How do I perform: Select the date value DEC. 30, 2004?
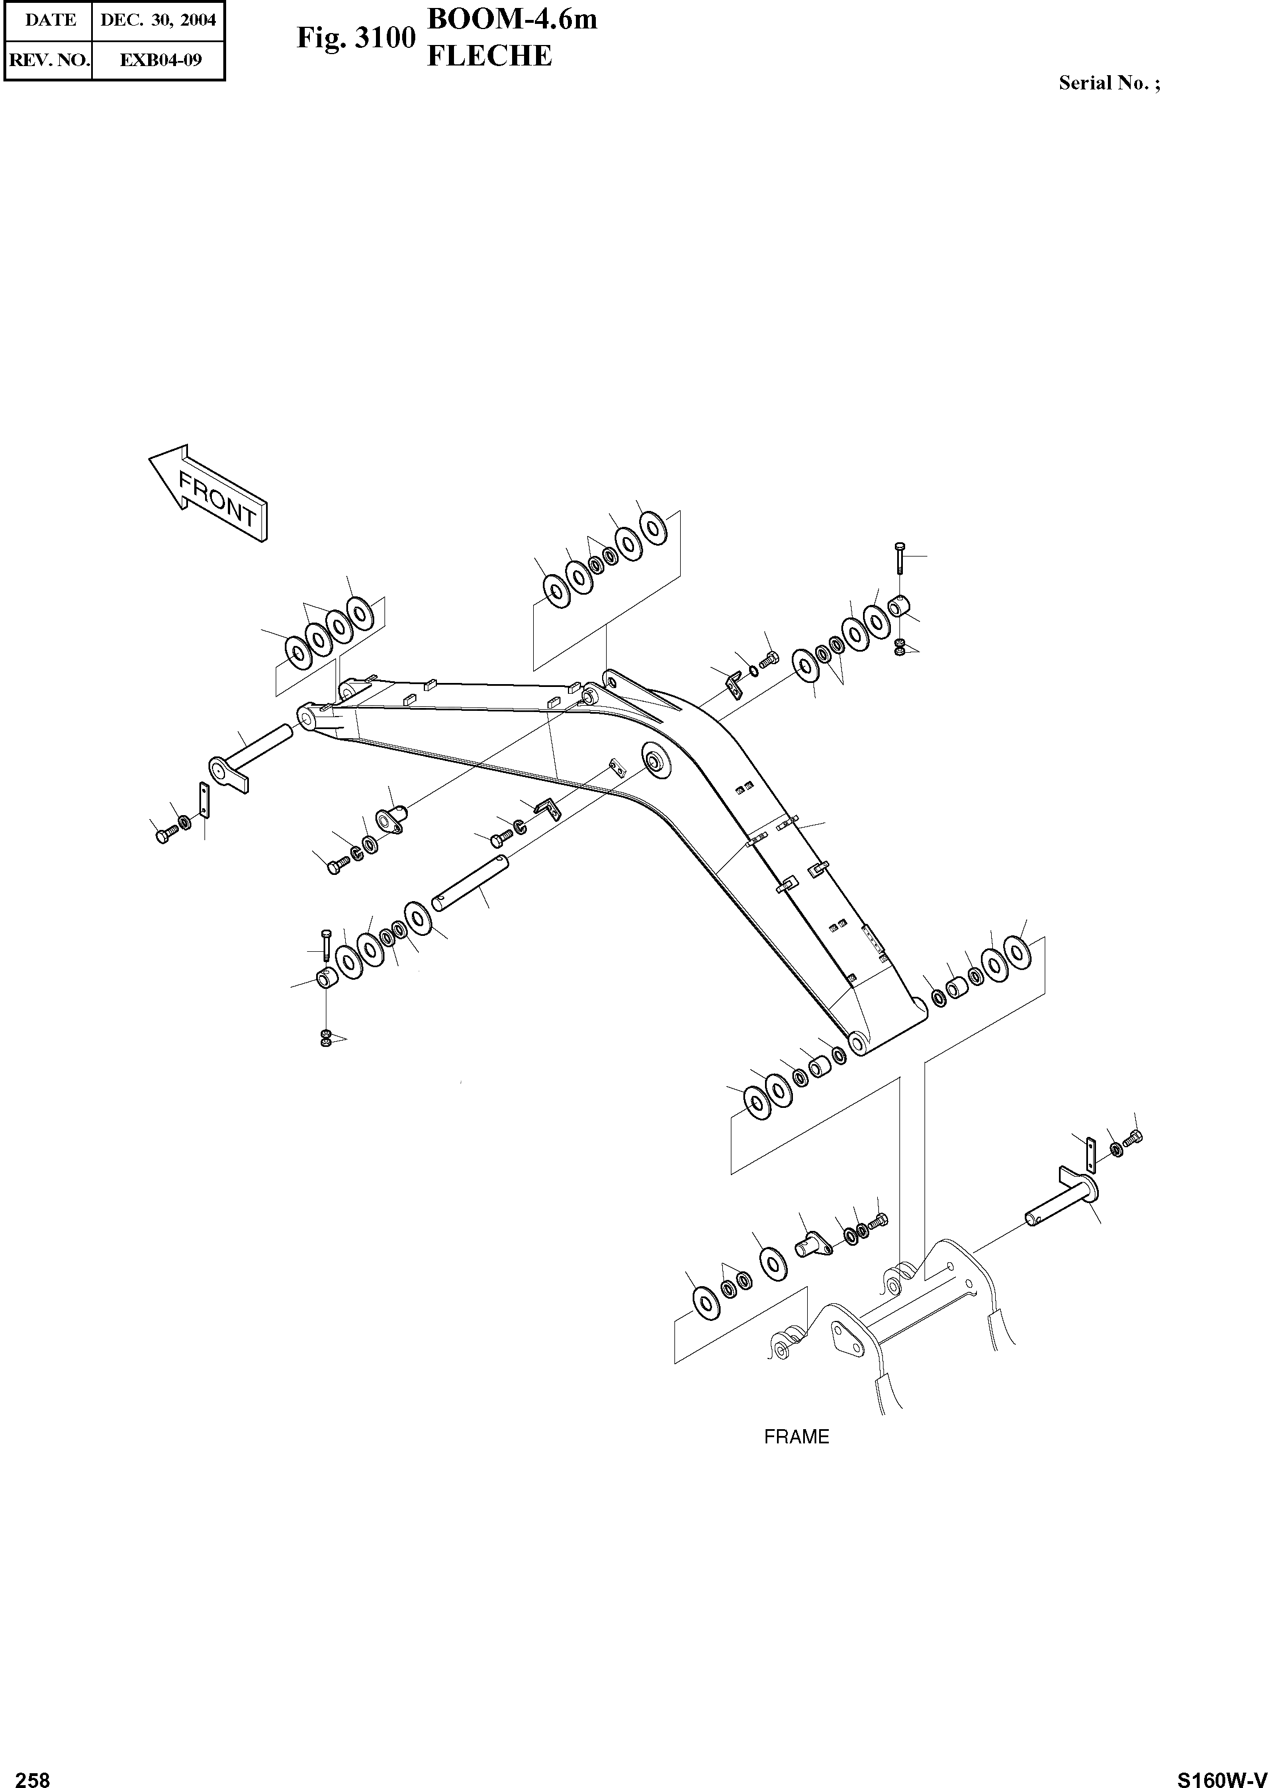(x=158, y=21)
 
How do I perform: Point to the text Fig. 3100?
(x=355, y=38)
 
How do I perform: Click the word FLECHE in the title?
(x=489, y=56)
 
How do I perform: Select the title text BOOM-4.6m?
(x=512, y=19)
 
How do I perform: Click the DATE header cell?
(x=51, y=21)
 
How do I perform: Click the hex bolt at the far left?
(x=163, y=836)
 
